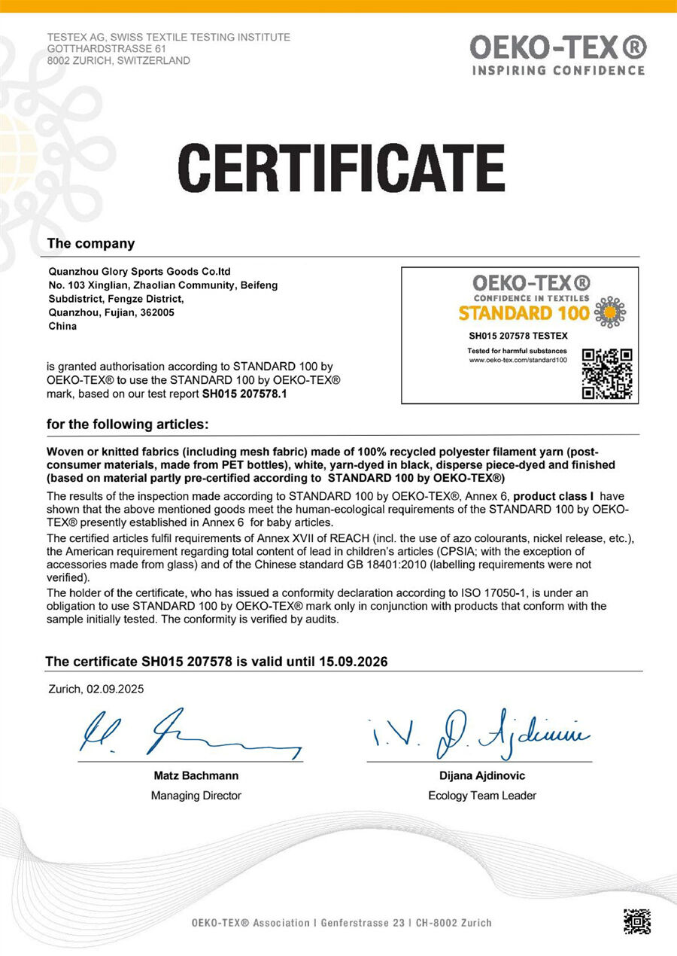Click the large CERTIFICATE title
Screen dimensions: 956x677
(x=341, y=167)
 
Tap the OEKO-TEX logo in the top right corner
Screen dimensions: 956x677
(x=557, y=54)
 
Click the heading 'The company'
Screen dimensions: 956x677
(x=91, y=243)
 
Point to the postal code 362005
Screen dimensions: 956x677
(x=156, y=312)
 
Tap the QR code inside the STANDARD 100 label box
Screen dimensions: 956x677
(x=607, y=373)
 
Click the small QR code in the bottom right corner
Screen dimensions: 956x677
(x=636, y=922)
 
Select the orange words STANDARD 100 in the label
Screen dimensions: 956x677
(x=524, y=312)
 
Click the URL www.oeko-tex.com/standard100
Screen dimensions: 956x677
(x=518, y=360)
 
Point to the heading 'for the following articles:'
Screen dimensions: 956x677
(x=127, y=425)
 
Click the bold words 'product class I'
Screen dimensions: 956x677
(x=554, y=496)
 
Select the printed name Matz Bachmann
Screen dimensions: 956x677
(x=196, y=775)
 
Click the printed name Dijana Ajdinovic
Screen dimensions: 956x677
(x=482, y=775)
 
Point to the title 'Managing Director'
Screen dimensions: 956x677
(x=196, y=795)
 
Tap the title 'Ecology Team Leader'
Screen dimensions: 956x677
(x=482, y=795)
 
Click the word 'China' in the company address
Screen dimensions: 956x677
(x=62, y=326)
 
